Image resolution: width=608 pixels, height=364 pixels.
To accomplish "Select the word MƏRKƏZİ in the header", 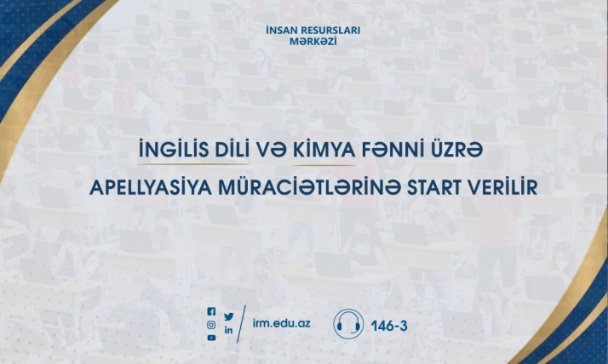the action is point(313,41).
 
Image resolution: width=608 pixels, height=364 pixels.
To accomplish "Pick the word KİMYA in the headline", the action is point(324,151).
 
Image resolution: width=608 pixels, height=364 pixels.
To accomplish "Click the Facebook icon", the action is point(211,311).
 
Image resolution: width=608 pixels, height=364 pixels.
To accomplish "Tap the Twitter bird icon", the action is point(229,316).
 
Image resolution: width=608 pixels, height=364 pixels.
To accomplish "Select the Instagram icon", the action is point(211,325).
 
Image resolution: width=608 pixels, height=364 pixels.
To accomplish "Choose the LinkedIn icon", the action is point(229,329).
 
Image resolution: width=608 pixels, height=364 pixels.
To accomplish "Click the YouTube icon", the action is point(211,338).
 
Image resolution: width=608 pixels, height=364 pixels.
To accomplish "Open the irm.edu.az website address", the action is point(282,323).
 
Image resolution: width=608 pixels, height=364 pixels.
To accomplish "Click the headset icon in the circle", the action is point(348,324).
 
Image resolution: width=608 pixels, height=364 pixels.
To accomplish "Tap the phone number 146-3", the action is point(389,326).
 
